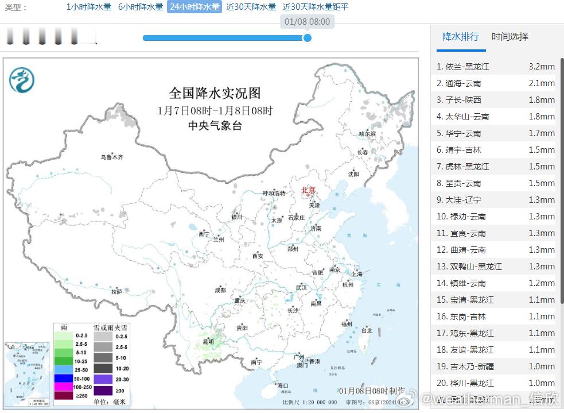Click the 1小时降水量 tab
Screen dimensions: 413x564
[89, 7]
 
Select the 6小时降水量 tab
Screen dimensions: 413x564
[141, 7]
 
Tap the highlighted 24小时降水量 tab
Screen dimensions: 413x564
[195, 7]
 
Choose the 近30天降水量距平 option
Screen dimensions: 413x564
[316, 7]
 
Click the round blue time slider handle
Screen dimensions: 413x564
[308, 38]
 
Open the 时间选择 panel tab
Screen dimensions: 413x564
[509, 37]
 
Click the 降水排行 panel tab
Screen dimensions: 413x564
[460, 37]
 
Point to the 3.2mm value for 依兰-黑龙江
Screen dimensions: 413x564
[541, 67]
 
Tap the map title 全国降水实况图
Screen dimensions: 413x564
[215, 93]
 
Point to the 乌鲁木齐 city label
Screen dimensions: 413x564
[112, 157]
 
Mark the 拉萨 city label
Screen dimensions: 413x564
[117, 292]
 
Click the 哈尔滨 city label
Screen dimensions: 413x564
[367, 133]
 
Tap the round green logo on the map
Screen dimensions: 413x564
[22, 80]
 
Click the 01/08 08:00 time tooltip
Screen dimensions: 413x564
[307, 22]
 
